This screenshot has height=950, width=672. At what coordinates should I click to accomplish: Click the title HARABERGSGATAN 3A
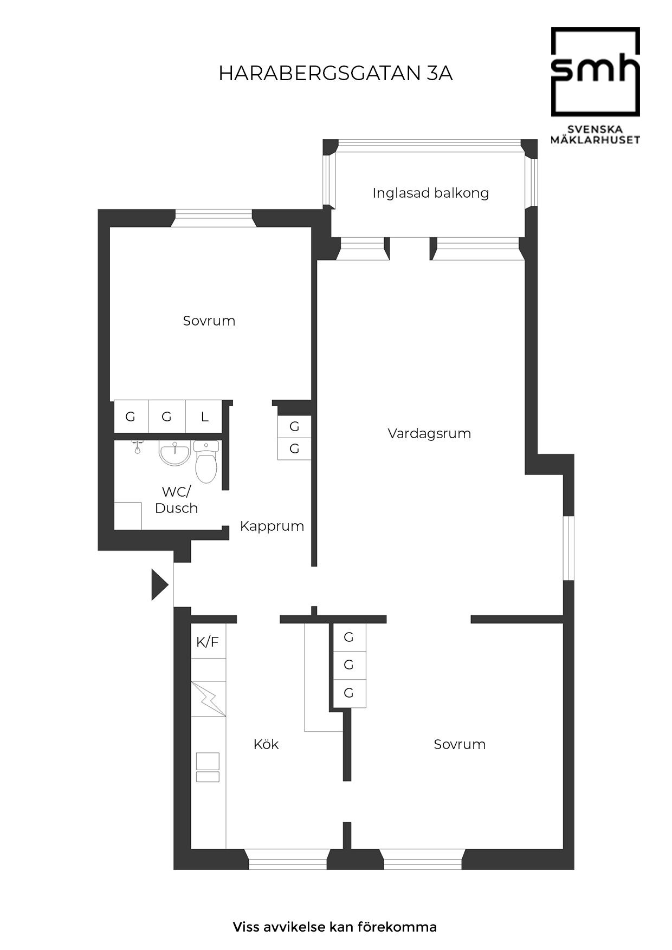pyautogui.click(x=335, y=74)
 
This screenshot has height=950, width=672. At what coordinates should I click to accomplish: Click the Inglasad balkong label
pyautogui.click(x=431, y=193)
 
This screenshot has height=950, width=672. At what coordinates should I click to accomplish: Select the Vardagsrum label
pyautogui.click(x=429, y=433)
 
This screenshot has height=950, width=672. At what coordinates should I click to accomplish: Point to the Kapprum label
pyautogui.click(x=272, y=526)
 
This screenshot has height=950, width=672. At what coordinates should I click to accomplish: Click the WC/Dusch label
pyautogui.click(x=177, y=500)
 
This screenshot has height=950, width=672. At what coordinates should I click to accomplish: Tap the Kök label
pyautogui.click(x=266, y=744)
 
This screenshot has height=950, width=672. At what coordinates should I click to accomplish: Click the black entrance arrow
pyautogui.click(x=160, y=585)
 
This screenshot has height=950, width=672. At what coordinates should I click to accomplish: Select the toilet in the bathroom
pyautogui.click(x=206, y=461)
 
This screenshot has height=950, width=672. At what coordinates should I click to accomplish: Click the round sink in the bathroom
pyautogui.click(x=175, y=453)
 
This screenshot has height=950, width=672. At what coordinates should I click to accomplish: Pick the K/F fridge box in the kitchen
pyautogui.click(x=208, y=642)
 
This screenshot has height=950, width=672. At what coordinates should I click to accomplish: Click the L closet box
pyautogui.click(x=204, y=417)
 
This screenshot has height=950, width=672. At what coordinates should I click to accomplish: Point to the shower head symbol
pyautogui.click(x=138, y=447)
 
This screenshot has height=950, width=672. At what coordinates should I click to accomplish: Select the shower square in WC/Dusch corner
pyautogui.click(x=128, y=516)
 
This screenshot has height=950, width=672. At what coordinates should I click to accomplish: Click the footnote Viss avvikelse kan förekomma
pyautogui.click(x=335, y=927)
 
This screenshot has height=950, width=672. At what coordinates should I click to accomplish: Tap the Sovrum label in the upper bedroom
pyautogui.click(x=209, y=321)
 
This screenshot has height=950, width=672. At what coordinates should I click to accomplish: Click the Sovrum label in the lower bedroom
pyautogui.click(x=460, y=744)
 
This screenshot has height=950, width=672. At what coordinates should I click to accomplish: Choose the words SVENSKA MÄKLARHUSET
pyautogui.click(x=596, y=134)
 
